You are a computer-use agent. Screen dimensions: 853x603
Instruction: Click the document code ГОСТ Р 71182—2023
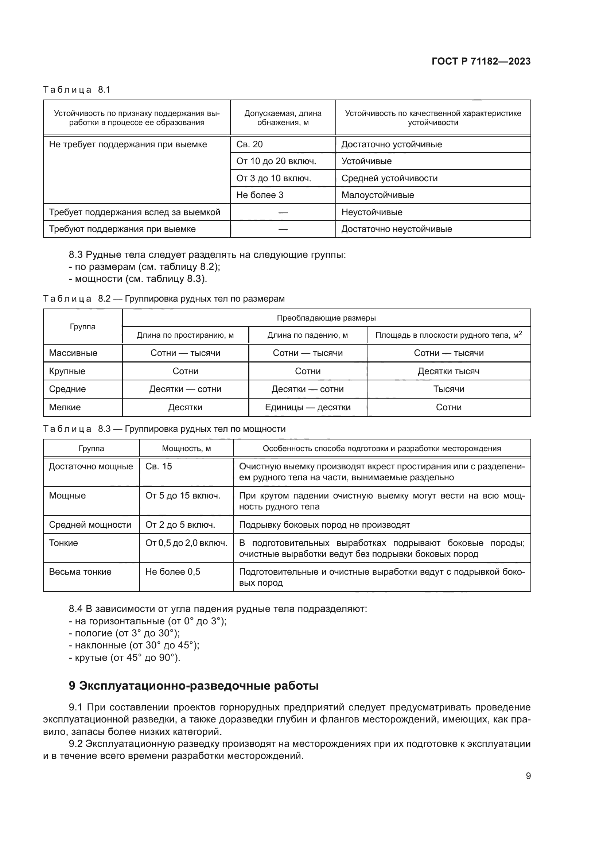pos(481,61)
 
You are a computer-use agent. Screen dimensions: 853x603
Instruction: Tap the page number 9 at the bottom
pos(528,776)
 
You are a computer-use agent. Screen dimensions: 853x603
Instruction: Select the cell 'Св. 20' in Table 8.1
pos(249,144)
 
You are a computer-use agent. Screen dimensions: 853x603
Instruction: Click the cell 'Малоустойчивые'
pos(377,195)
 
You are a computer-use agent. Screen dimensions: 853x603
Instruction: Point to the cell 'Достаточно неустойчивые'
pos(396,229)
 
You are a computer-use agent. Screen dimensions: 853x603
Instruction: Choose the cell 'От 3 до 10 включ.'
pos(273,178)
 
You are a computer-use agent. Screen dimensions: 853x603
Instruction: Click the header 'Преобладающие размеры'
pos(326,318)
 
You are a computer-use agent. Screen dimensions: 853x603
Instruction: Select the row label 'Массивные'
pos(73,353)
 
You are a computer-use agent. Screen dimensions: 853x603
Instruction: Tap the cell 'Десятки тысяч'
pos(448,371)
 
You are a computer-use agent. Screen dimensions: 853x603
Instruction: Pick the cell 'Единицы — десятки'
pos(307,407)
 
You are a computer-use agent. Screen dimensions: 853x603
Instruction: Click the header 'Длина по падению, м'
pos(307,335)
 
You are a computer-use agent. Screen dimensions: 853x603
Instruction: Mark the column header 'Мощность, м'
pos(186,449)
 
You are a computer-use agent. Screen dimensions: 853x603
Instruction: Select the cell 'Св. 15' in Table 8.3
pos(159,467)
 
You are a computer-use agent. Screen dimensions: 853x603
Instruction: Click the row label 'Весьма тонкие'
pos(80,572)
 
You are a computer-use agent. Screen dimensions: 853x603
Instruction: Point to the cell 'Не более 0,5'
pos(173,572)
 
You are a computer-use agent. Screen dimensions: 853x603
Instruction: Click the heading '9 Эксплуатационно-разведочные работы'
pos(194,686)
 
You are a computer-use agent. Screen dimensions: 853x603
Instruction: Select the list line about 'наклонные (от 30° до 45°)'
pos(134,645)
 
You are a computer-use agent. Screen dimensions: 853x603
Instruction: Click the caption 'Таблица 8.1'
pos(77,90)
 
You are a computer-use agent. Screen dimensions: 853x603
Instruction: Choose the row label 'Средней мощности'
pos(90,525)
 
